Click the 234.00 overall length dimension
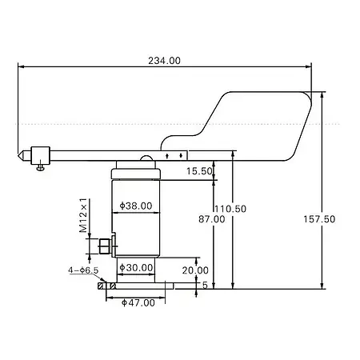tap(165, 61)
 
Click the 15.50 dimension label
tap(199, 171)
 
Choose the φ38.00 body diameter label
tap(135, 206)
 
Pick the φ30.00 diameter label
tap(135, 267)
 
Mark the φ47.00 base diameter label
tap(138, 302)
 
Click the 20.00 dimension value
tap(195, 270)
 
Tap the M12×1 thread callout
tap(85, 214)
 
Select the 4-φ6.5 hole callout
tap(83, 270)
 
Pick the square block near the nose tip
tap(41, 153)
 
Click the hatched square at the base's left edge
tap(101, 284)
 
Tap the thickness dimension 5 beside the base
tap(205, 285)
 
